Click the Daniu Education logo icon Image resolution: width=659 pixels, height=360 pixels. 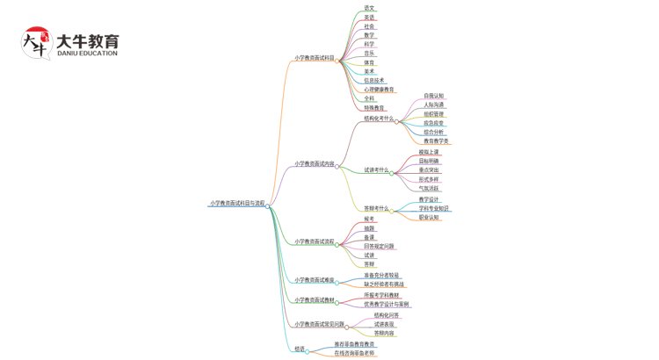click(x=36, y=43)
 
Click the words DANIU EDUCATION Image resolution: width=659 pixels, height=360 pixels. click(x=87, y=54)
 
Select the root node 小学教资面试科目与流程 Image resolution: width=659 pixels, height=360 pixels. click(x=237, y=203)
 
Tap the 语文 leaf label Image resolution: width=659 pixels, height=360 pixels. click(x=369, y=8)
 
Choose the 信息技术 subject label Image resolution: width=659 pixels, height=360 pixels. click(x=374, y=81)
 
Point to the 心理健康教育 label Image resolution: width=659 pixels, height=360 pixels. click(x=380, y=90)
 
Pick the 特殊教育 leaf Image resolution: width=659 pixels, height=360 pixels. click(x=374, y=108)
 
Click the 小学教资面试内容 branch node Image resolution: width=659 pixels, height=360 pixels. click(x=314, y=164)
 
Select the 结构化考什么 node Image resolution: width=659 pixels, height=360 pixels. click(x=379, y=119)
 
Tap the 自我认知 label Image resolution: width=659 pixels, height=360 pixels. click(x=434, y=96)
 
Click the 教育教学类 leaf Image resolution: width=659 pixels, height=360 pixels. click(x=436, y=140)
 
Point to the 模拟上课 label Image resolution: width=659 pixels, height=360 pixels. click(x=429, y=152)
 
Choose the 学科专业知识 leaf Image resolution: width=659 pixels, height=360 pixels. click(x=434, y=209)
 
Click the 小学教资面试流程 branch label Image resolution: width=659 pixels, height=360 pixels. click(x=314, y=241)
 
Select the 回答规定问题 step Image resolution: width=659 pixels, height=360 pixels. click(x=379, y=247)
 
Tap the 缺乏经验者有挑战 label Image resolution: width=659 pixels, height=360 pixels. click(x=384, y=284)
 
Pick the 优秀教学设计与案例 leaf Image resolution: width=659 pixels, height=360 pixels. click(x=386, y=305)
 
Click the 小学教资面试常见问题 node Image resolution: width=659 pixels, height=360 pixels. click(x=319, y=324)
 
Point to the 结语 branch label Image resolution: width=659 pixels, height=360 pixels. click(x=300, y=349)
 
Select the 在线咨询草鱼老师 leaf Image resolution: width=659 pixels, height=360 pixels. click(x=354, y=353)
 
